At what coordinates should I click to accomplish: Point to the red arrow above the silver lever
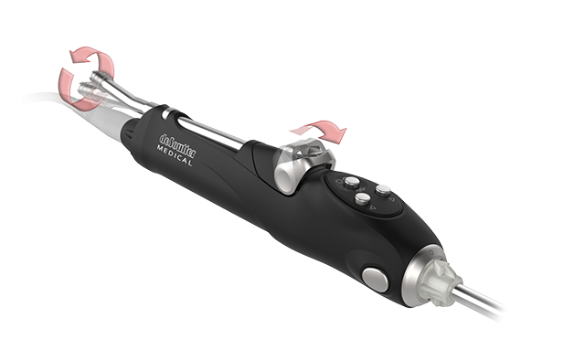click(x=329, y=130)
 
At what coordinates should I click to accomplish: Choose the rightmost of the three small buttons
click(x=384, y=190)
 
